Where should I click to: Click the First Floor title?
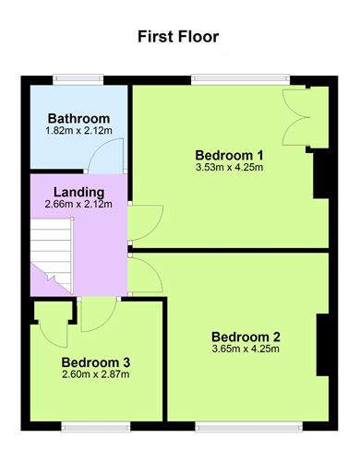click(179, 37)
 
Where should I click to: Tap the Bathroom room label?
click(79, 119)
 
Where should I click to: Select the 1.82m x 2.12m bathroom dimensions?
click(79, 132)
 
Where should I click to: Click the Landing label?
click(78, 192)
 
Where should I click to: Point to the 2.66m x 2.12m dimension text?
click(78, 204)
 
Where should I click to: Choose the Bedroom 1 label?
click(230, 154)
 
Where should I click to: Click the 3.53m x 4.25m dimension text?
click(230, 167)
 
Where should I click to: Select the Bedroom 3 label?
click(96, 362)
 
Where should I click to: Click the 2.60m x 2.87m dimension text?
click(96, 375)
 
